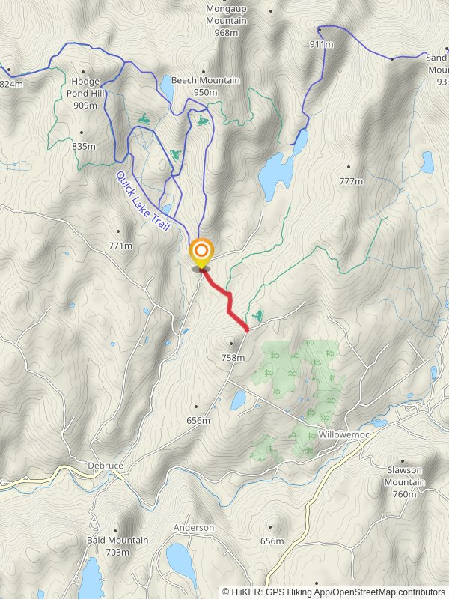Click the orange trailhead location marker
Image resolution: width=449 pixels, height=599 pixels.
point(201,252)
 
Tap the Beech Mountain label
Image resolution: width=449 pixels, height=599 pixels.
point(205,80)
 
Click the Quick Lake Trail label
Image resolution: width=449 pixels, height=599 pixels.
point(143,200)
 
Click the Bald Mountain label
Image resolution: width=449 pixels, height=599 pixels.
point(117,540)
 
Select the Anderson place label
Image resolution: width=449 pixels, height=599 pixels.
point(194,528)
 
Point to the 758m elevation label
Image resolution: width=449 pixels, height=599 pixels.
point(233,357)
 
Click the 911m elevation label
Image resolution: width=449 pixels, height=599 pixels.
point(320,44)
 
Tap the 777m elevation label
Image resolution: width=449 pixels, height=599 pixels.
point(350,181)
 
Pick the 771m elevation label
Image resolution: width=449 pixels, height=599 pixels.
point(120,246)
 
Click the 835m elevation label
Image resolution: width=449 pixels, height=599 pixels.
point(84,146)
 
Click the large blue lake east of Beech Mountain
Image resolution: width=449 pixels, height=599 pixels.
point(275,174)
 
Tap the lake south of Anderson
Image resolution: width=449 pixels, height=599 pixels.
point(180,558)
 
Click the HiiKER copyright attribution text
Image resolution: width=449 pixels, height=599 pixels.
point(333,592)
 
